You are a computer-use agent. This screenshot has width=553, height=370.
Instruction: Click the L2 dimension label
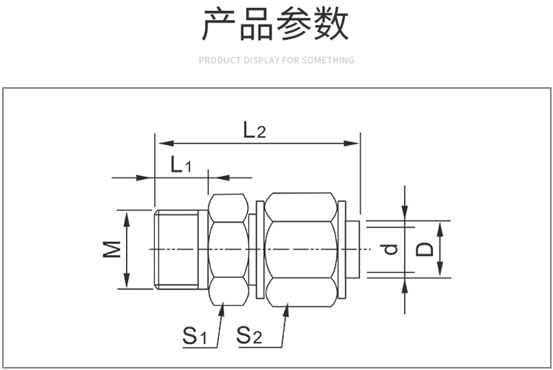click(x=254, y=130)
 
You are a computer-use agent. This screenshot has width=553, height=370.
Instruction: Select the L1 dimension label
click(x=181, y=164)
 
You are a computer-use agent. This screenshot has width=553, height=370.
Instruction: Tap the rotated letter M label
click(x=112, y=249)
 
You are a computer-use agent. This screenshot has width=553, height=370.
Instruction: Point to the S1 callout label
click(x=195, y=335)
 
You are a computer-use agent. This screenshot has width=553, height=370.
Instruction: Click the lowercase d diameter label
click(x=390, y=249)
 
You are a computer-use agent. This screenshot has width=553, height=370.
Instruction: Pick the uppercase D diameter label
click(x=424, y=249)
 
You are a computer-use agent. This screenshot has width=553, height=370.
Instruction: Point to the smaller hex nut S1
click(x=229, y=249)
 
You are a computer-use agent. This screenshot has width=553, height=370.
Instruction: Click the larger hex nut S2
click(x=301, y=249)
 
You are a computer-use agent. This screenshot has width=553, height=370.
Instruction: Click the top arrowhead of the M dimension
click(x=127, y=218)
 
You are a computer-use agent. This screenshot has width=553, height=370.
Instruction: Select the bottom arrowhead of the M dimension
click(x=127, y=281)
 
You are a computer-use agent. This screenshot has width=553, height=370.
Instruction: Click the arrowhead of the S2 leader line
click(x=286, y=310)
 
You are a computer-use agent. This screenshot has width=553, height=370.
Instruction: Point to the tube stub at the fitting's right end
click(x=352, y=249)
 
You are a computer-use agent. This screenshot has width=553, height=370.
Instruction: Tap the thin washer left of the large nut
click(x=260, y=249)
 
